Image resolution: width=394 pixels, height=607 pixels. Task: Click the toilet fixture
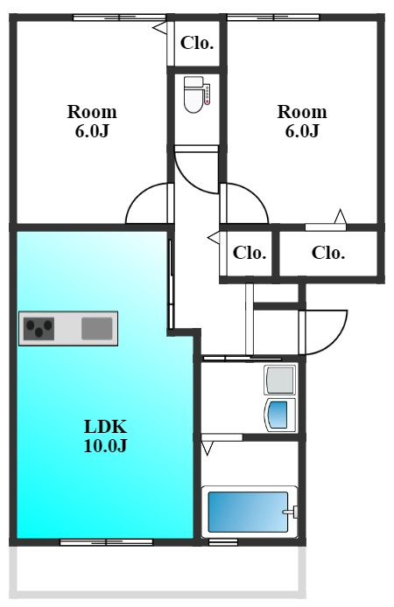[193, 94]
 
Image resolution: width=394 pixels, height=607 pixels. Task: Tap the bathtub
[249, 512]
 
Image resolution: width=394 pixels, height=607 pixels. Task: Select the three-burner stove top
[39, 328]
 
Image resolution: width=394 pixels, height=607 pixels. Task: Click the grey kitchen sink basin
[97, 328]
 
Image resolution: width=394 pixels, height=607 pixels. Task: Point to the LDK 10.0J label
[105, 436]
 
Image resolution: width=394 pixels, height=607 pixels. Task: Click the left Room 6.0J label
[92, 122]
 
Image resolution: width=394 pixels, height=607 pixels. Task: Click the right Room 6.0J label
[302, 122]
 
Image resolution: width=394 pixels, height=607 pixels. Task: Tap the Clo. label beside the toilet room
[197, 43]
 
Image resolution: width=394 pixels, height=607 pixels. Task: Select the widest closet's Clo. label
[328, 253]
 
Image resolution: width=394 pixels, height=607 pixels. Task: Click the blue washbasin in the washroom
[279, 415]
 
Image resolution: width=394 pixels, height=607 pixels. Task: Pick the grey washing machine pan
[279, 380]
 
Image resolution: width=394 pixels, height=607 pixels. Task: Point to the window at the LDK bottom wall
[106, 542]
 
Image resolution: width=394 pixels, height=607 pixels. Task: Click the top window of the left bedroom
[120, 17]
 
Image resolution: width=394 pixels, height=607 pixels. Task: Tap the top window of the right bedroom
[273, 17]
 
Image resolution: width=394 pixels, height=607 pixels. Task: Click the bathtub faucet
[291, 512]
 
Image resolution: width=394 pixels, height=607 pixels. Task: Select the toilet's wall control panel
[208, 94]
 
